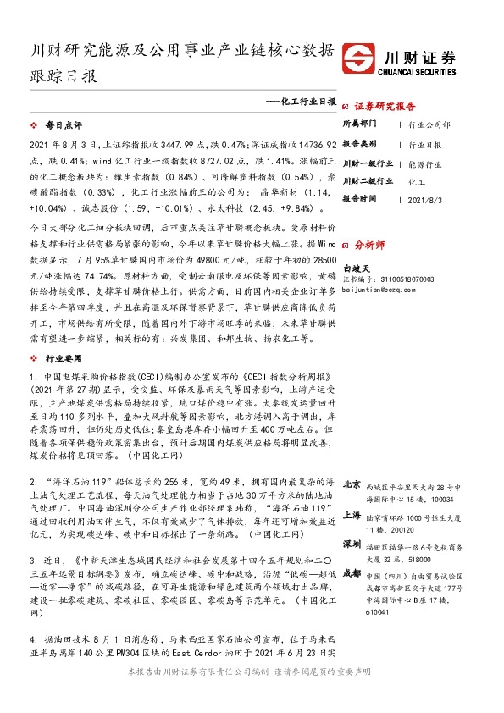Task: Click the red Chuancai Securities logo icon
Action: click(x=365, y=62)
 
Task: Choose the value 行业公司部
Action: click(x=430, y=124)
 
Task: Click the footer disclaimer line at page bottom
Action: click(x=252, y=694)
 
